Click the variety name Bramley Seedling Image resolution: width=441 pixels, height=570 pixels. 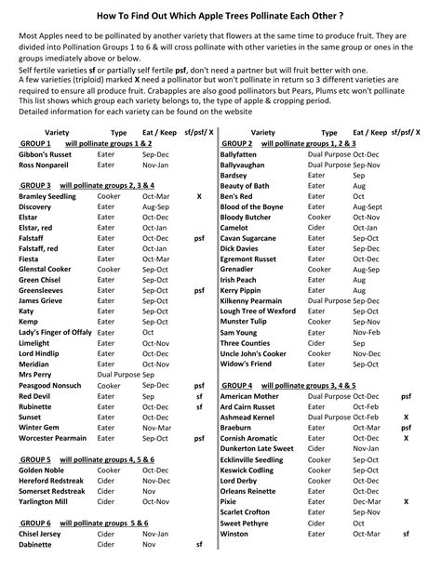coord(47,196)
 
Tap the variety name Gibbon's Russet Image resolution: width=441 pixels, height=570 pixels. coord(47,153)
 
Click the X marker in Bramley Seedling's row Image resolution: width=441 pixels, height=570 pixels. coord(198,196)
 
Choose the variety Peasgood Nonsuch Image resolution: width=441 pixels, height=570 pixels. coord(50,384)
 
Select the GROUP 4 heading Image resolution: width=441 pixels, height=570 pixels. coord(236,384)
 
